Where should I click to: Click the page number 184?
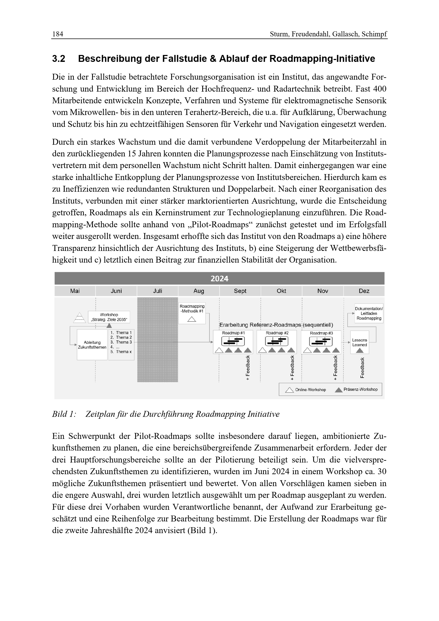[x=58, y=34]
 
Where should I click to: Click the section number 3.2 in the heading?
[x=59, y=59]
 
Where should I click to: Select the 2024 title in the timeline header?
[x=219, y=279]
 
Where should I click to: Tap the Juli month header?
[x=158, y=291]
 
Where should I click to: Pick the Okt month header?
[x=281, y=291]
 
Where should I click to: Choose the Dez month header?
[x=364, y=291]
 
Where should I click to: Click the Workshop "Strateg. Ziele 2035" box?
[x=109, y=317]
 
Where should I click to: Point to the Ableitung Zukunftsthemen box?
[x=92, y=345]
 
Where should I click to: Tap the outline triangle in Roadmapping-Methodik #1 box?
[x=192, y=319]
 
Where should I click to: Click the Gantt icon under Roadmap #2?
[x=277, y=342]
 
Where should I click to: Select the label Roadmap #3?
[x=321, y=333]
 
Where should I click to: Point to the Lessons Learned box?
[x=360, y=342]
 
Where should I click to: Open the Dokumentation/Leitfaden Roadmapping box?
[x=369, y=314]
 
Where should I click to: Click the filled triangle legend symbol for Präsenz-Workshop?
[x=338, y=390]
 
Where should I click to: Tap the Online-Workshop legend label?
[x=310, y=390]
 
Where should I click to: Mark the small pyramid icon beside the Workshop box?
[x=79, y=318]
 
